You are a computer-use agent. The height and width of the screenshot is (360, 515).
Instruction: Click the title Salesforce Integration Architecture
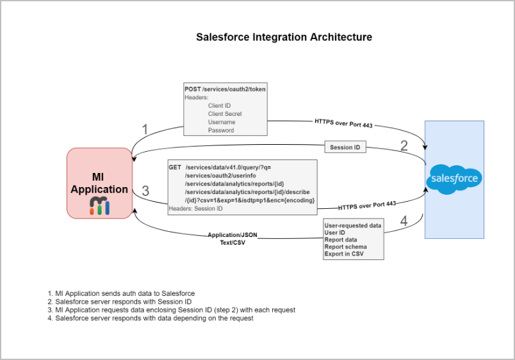[284, 37]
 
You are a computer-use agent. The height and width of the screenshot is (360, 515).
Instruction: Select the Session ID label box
[345, 147]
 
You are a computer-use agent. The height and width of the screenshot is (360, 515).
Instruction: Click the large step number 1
[145, 130]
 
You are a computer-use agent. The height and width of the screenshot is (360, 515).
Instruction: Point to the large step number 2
[404, 145]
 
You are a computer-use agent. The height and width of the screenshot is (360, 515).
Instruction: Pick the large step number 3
[145, 191]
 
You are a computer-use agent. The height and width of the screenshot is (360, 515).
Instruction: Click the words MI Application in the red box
[99, 183]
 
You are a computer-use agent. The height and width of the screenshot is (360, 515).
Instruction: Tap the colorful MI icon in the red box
[99, 205]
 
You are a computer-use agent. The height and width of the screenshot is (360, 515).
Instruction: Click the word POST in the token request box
[192, 89]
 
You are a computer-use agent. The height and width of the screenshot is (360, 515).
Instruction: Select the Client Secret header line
[225, 114]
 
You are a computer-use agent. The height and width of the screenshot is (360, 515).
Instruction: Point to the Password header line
[221, 131]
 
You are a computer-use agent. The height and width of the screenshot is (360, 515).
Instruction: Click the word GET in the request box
[175, 167]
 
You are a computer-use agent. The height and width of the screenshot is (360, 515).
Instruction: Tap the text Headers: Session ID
[196, 208]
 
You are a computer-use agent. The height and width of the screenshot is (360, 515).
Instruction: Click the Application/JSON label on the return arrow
[233, 235]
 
